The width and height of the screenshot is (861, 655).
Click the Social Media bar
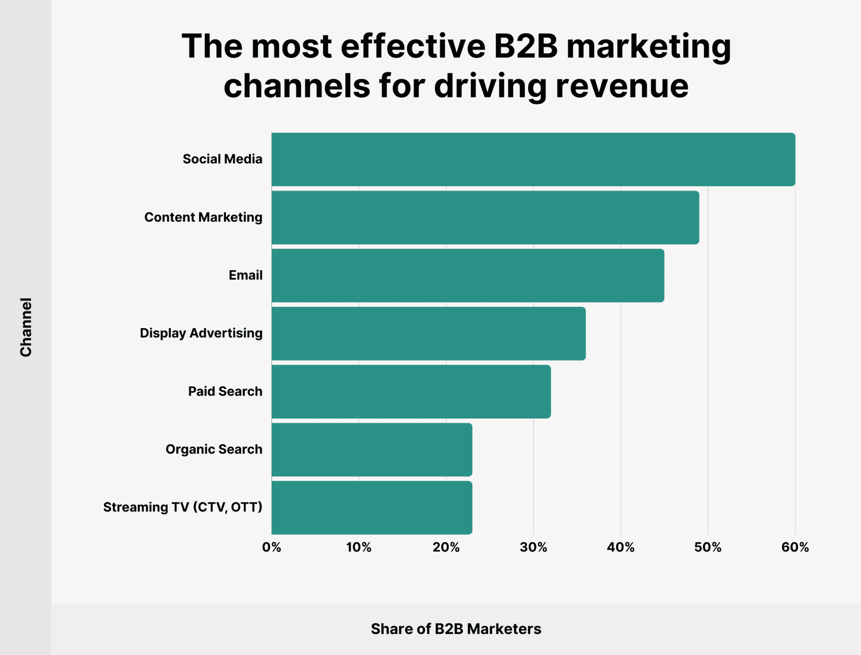533,159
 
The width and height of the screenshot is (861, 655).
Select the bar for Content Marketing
485,218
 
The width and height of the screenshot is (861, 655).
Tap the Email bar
468,276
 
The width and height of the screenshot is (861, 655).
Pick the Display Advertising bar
428,334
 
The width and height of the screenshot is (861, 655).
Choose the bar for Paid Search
411,391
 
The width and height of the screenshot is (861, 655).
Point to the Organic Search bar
372,449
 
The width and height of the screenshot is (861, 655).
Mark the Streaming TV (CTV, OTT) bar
372,508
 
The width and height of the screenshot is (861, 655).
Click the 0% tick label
272,547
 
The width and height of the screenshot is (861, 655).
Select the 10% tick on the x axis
359,547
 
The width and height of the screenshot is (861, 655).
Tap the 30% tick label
533,547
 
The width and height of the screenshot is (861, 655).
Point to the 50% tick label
708,547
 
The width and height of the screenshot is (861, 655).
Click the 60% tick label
795,547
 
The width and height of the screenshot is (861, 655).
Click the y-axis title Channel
26,327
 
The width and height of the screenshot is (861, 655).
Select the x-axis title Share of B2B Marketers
456,629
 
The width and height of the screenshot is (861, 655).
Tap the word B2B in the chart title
526,46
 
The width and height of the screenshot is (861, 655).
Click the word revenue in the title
622,86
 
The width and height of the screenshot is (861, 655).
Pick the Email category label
245,275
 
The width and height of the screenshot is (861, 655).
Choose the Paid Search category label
225,391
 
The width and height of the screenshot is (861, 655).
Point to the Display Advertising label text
201,333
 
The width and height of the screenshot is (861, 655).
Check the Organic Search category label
214,449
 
